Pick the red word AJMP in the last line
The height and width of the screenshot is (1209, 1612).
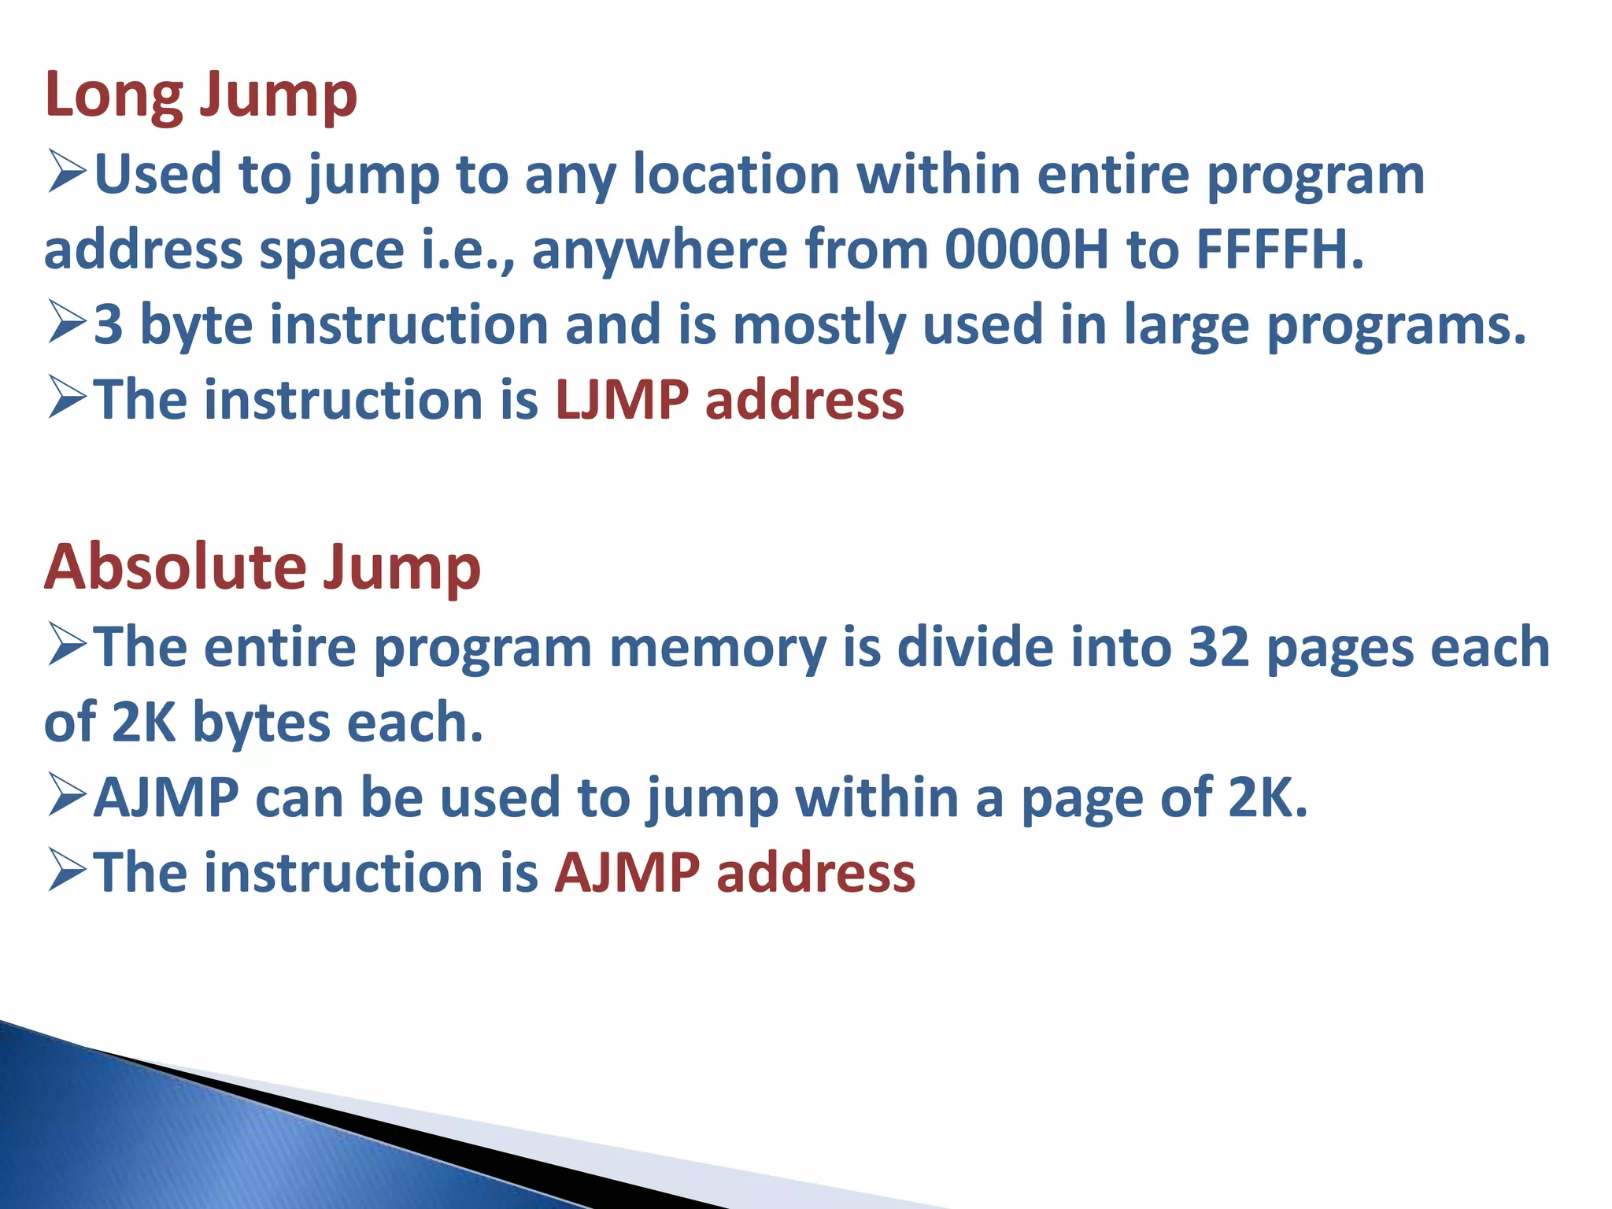627,873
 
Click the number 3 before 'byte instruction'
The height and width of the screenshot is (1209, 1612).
109,324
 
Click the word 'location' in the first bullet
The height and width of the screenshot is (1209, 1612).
737,173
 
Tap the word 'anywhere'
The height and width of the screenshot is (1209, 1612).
660,250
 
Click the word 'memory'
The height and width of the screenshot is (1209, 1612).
718,647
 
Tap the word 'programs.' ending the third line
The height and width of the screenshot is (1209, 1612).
1396,324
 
